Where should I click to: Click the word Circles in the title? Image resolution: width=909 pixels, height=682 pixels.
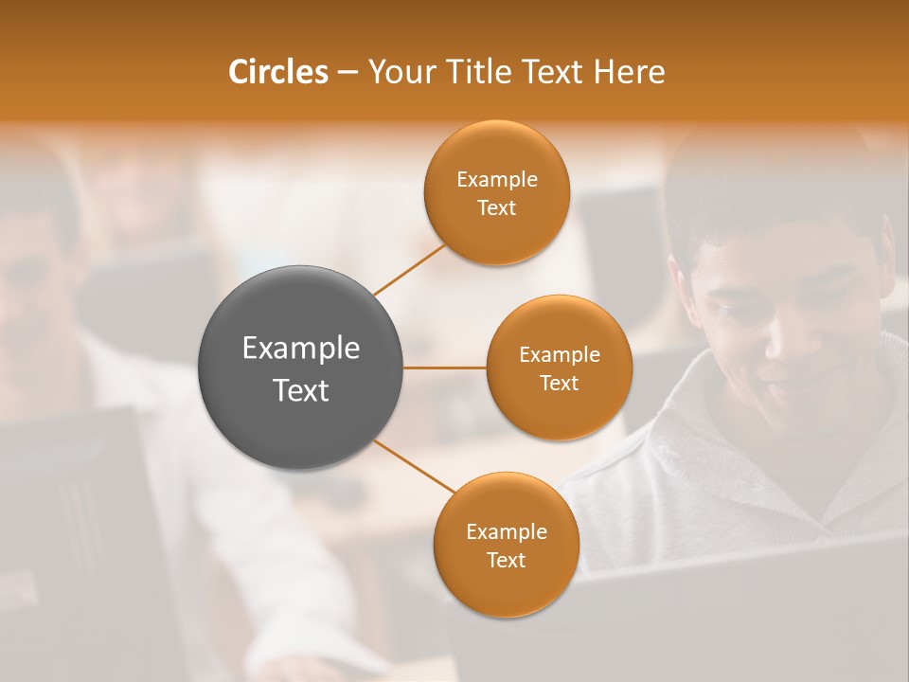[x=277, y=72]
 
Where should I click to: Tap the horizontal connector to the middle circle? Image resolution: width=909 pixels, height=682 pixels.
[x=445, y=368]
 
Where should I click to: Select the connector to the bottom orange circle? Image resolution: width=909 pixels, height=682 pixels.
[x=413, y=466]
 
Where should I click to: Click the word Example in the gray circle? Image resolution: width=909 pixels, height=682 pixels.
[x=301, y=349]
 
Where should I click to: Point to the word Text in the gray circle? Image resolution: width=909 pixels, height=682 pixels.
[x=301, y=390]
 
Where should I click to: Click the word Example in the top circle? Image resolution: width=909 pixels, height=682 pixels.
[x=496, y=180]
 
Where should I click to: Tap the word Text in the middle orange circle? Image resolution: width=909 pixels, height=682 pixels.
[x=559, y=384]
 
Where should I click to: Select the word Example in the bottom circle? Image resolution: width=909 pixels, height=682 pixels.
[x=506, y=532]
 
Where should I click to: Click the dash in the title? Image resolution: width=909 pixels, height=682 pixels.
[x=347, y=73]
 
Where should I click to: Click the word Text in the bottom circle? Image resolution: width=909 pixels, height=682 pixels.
[x=506, y=561]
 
